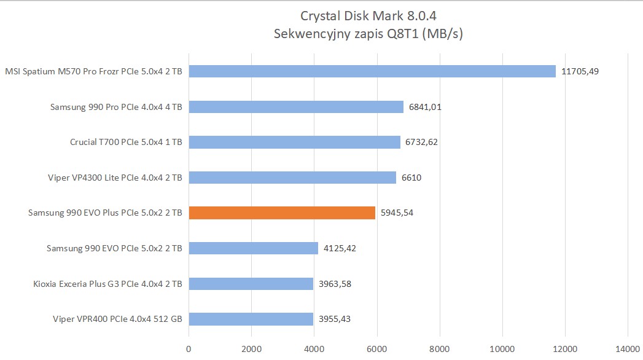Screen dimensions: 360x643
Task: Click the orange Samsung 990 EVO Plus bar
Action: click(282, 213)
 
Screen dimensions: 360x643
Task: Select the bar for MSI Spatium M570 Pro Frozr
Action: click(372, 71)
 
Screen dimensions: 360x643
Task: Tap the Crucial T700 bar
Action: click(295, 142)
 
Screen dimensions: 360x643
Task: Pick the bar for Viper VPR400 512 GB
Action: click(251, 319)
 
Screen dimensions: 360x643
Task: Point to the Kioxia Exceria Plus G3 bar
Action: click(251, 284)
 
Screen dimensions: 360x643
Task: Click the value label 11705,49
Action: click(580, 71)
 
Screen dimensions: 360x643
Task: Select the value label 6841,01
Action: click(423, 107)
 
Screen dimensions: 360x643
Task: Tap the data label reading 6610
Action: click(411, 178)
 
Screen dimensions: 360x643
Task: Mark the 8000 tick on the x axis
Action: click(440, 349)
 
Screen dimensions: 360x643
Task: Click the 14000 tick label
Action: click(626, 349)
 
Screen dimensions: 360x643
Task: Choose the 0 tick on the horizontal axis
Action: click(189, 349)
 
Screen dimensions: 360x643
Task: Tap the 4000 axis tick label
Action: click(314, 349)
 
